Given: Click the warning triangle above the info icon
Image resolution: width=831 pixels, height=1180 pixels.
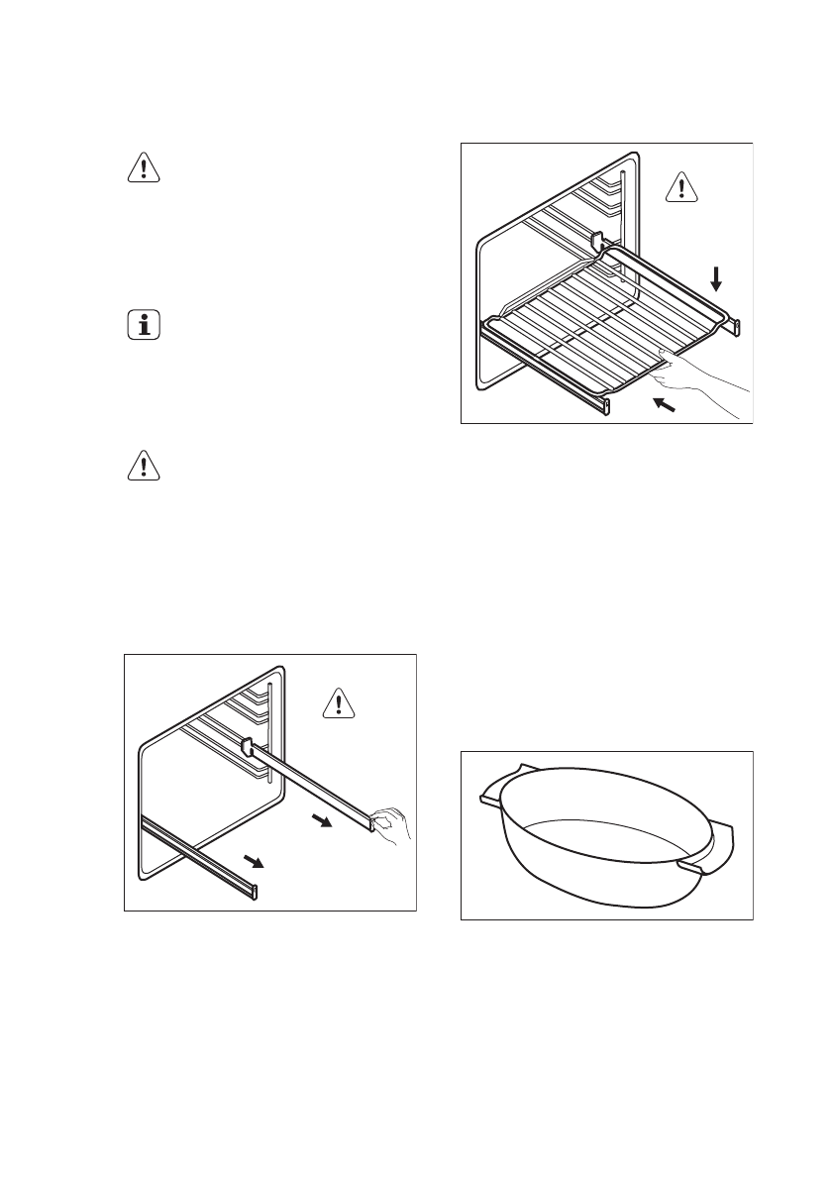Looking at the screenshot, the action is [x=145, y=168].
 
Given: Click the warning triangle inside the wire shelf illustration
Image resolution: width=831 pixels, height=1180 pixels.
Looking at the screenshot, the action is [x=678, y=185].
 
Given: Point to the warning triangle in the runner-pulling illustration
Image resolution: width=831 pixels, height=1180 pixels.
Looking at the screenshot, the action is [x=339, y=703].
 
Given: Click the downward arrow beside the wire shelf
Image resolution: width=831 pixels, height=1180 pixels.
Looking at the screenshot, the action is [x=716, y=278].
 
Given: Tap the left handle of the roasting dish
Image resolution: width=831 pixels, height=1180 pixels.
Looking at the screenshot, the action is [x=494, y=785].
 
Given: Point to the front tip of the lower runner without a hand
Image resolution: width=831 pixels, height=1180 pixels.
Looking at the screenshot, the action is [x=255, y=890].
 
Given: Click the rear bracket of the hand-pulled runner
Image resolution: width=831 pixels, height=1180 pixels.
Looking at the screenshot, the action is [x=248, y=744].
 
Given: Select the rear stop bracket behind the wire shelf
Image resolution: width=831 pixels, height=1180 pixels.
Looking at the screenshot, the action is [x=596, y=241].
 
